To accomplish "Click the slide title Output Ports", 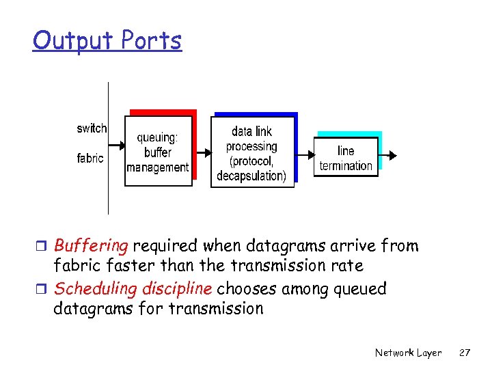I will point(107,41).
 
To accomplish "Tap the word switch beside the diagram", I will point(92,128).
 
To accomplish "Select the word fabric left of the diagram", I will point(90,158).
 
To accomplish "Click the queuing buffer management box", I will point(158,151).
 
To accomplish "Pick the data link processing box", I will point(251,152).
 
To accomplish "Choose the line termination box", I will point(346,158).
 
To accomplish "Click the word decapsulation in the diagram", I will point(251,176).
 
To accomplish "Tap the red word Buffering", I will point(91,245).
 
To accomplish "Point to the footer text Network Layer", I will point(408,353).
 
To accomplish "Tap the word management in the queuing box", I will point(158,167).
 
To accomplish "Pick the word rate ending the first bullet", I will point(348,265).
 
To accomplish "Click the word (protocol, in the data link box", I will point(251,161).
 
